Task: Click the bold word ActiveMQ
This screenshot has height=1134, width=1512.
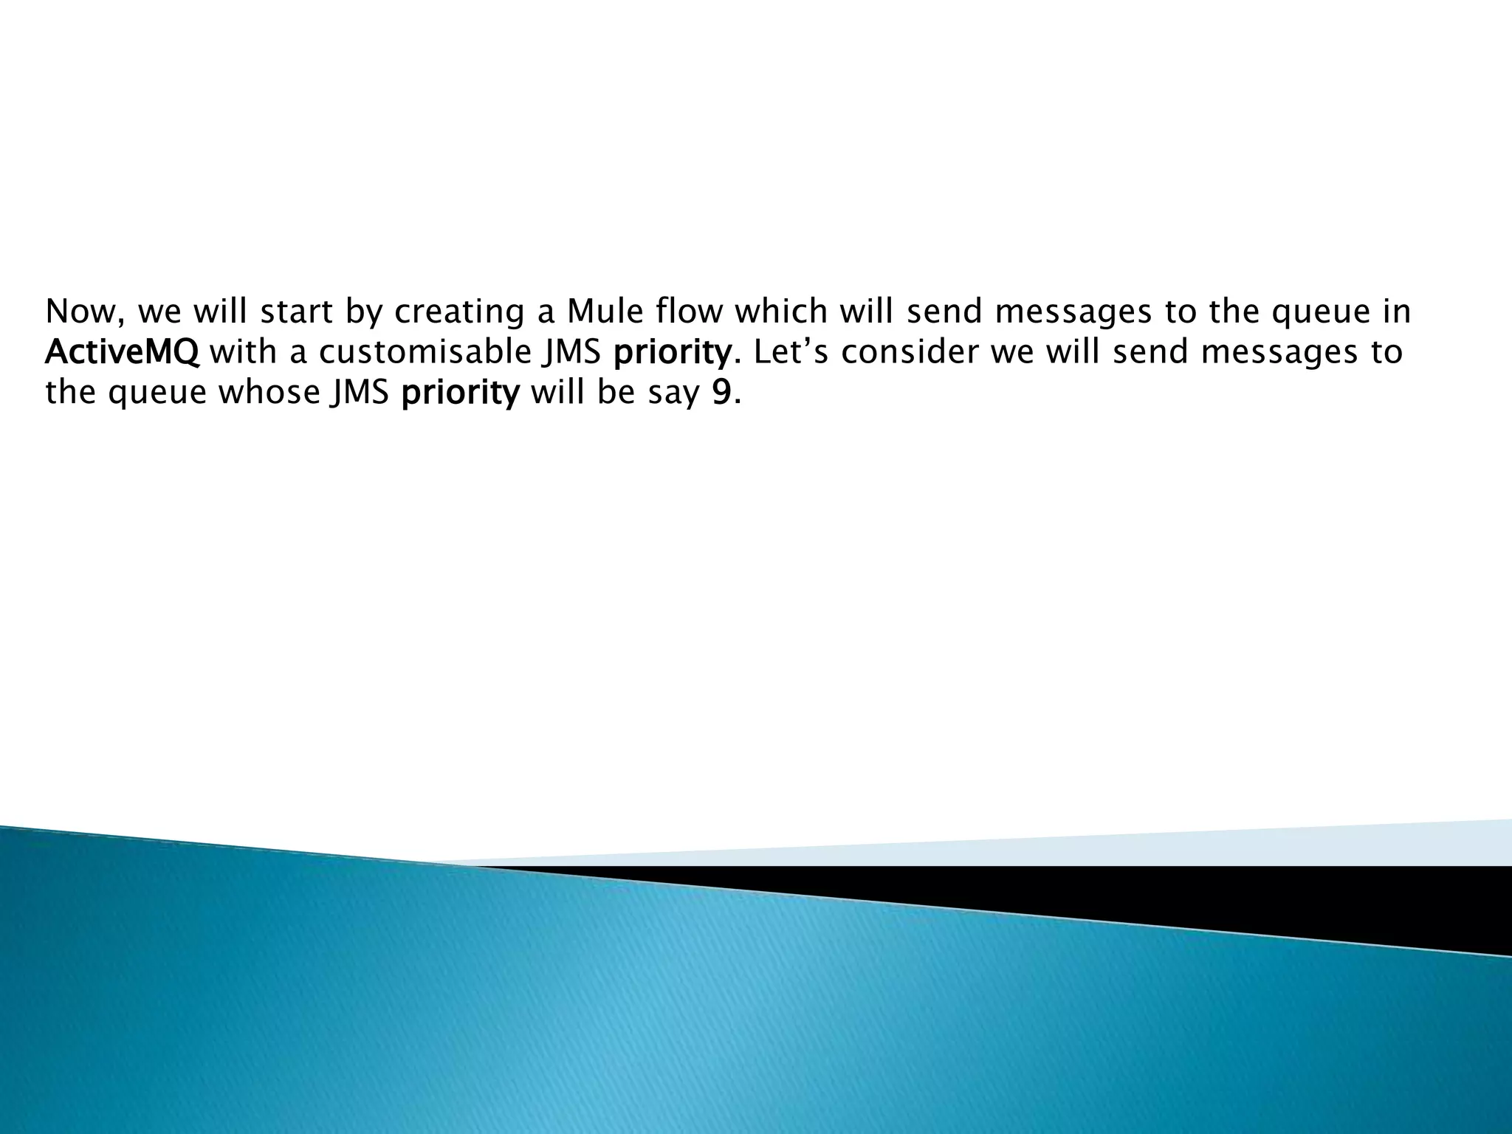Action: tap(122, 352)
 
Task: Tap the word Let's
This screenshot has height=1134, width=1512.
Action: tap(792, 352)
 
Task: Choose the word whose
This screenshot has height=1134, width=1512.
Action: tap(269, 392)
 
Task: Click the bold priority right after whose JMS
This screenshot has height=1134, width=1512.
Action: tap(461, 394)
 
